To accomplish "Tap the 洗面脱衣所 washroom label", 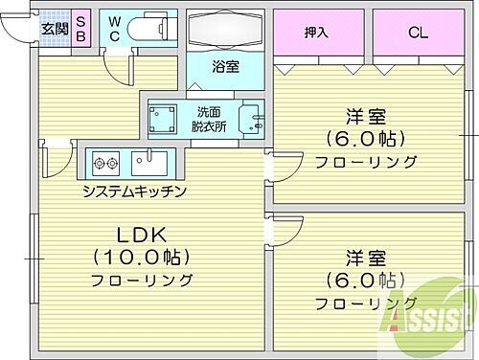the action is tap(209, 118).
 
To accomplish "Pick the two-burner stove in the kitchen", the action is tap(104, 160).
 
